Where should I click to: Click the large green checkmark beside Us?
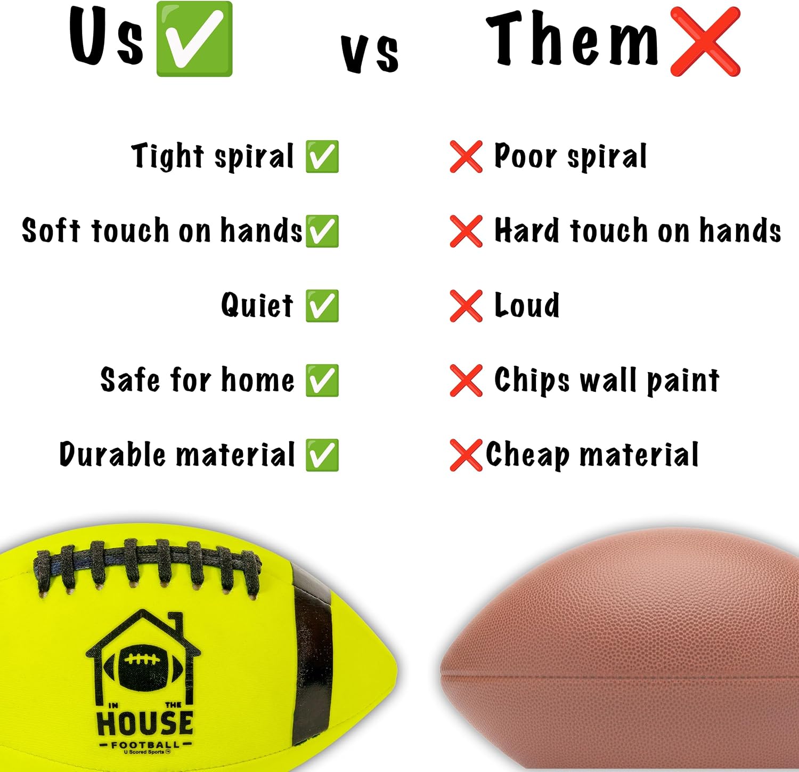tap(194, 38)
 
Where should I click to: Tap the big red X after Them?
tap(705, 42)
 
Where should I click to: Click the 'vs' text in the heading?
tap(370, 53)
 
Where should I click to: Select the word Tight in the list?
tap(167, 156)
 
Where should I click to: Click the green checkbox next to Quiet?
tap(322, 305)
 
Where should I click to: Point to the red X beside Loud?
tap(466, 306)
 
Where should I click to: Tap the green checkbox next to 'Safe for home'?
tap(322, 380)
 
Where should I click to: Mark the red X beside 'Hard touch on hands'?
tap(466, 231)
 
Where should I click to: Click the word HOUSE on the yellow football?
tap(145, 722)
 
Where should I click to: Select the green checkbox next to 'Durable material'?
tap(322, 455)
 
